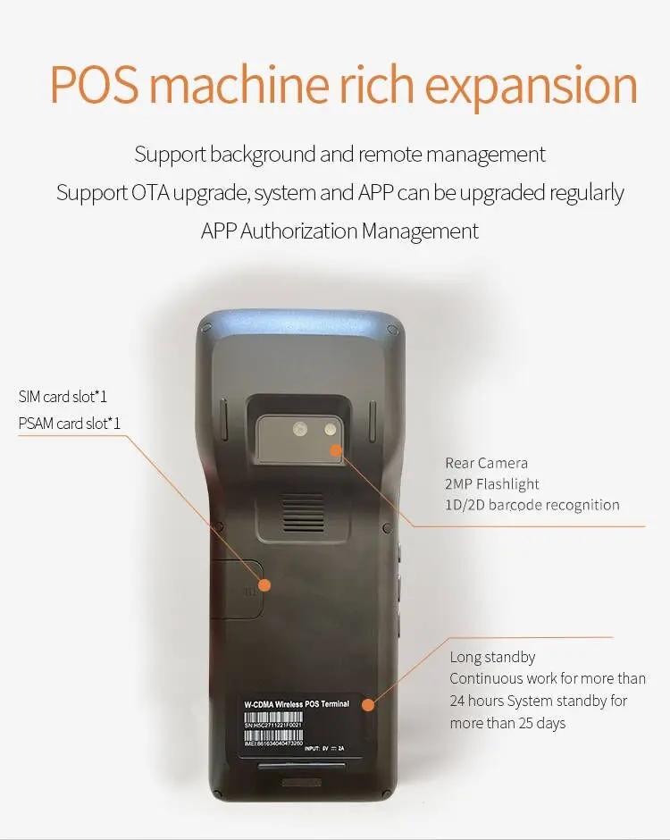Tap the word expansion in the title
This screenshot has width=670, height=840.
coord(532,86)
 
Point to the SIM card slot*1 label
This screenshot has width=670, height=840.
coord(63,396)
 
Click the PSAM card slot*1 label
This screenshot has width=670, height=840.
coord(69,423)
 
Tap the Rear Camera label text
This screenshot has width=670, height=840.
coord(486,463)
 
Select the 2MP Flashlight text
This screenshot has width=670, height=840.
coord(492,483)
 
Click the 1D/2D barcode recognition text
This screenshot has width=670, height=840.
coord(532,505)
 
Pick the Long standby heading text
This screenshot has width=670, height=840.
coord(492,657)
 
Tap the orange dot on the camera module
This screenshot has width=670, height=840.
coord(336,449)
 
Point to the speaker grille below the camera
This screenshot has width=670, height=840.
coord(305,513)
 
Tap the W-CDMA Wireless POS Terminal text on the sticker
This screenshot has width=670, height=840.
coord(297,704)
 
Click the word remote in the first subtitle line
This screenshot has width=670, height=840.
coord(389,154)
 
